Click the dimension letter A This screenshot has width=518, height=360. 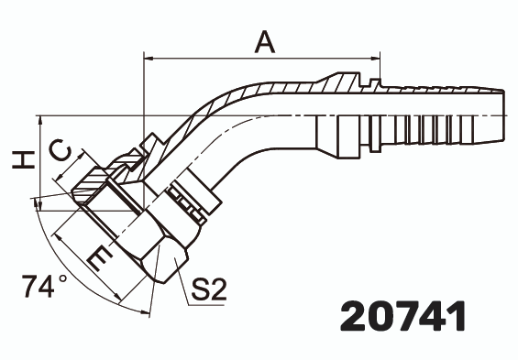(x=264, y=41)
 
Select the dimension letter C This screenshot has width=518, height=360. (x=57, y=151)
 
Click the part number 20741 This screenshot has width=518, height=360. (x=402, y=316)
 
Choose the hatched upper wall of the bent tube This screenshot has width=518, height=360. (x=275, y=87)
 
